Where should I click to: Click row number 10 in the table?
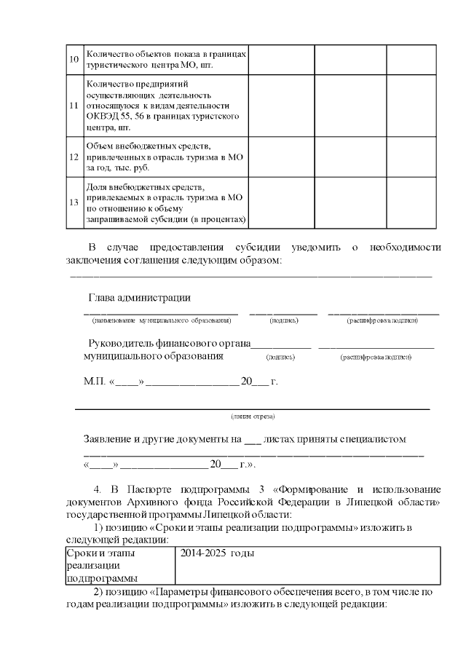(x=74, y=59)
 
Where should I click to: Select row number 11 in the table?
(x=74, y=105)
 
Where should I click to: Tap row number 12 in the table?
(x=74, y=157)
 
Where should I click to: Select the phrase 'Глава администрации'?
(x=140, y=297)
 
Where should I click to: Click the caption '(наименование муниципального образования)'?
(x=161, y=320)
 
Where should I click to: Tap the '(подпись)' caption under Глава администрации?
(x=283, y=320)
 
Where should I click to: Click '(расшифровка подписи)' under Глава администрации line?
(x=382, y=320)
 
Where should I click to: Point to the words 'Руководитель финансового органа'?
(x=169, y=343)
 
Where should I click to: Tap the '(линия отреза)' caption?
(x=253, y=416)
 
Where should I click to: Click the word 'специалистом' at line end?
(x=374, y=439)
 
